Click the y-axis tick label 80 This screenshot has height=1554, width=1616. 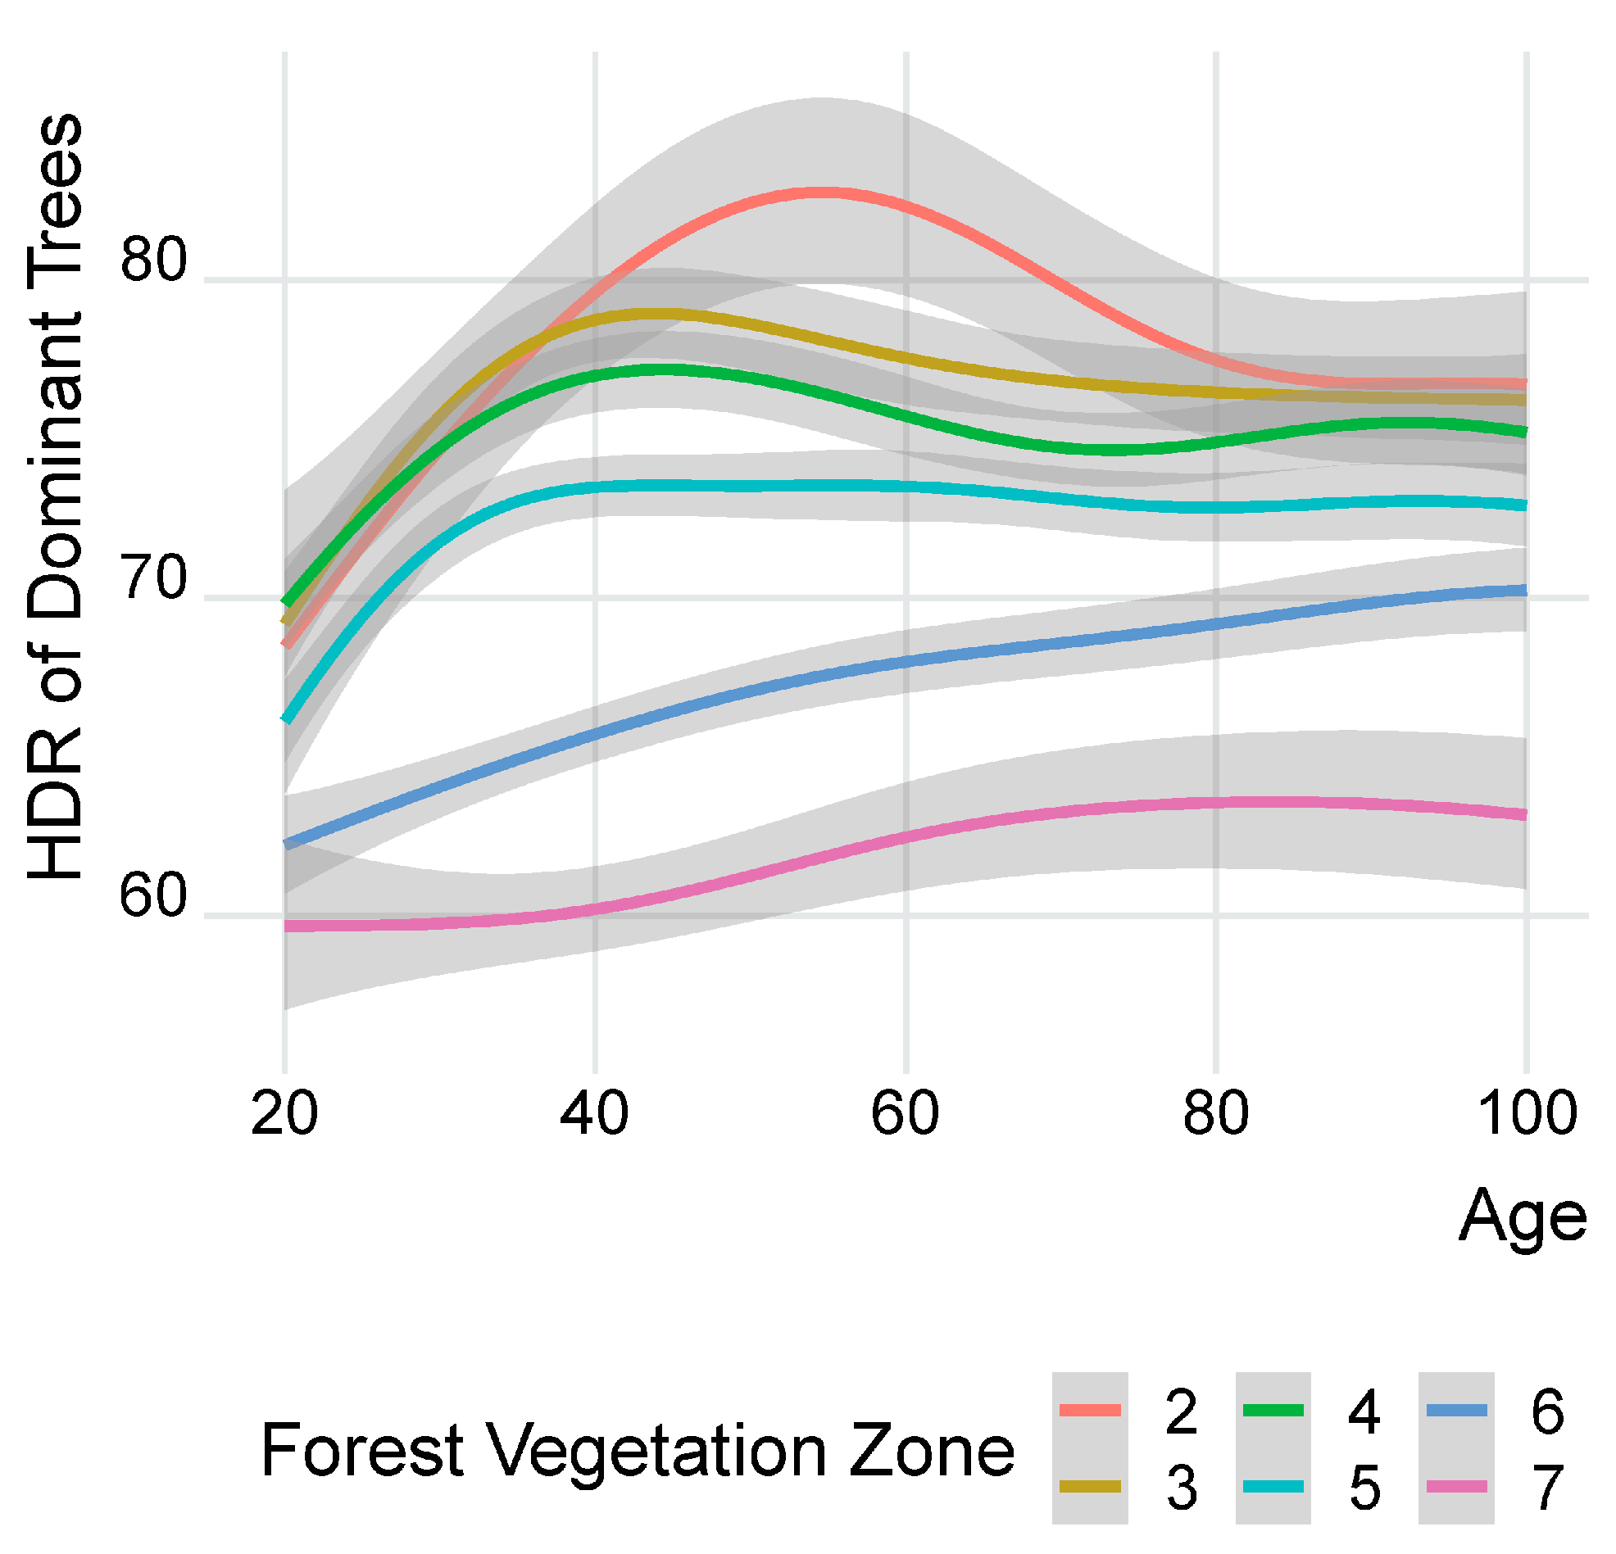[154, 261]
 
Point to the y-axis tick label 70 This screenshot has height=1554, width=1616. [154, 578]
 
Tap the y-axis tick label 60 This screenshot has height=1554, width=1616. [154, 897]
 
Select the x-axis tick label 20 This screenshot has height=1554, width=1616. [284, 1113]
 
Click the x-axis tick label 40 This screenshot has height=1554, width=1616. [594, 1113]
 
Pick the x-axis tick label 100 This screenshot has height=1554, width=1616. [1527, 1113]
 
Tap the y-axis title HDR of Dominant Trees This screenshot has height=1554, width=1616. [56, 498]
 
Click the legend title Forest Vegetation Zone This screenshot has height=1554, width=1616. [638, 1452]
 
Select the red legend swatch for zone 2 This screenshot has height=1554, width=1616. [1090, 1411]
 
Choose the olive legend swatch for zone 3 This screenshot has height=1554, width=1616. [1090, 1486]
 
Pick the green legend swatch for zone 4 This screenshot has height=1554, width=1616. [1273, 1411]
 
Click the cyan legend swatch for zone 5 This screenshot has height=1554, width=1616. [1273, 1486]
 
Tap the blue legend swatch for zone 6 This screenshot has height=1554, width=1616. [1456, 1411]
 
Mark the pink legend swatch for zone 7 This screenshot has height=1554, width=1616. [1456, 1486]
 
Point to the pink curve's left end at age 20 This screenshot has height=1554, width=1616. [287, 927]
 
